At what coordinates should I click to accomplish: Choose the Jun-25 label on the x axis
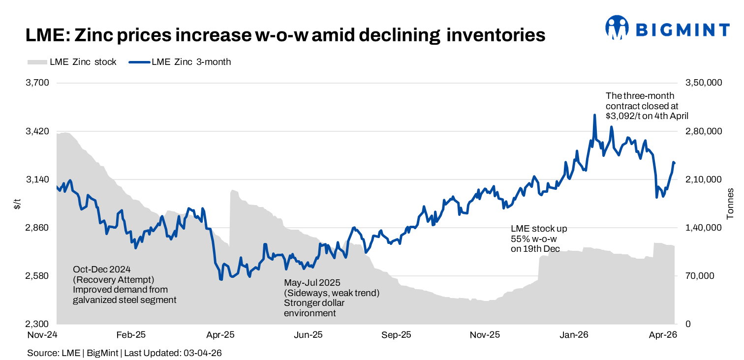tap(308, 335)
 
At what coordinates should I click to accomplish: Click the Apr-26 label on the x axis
tap(663, 335)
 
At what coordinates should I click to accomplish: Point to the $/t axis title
tap(17, 203)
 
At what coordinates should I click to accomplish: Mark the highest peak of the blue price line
tap(595, 115)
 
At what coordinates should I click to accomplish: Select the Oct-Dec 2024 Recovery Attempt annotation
tap(124, 284)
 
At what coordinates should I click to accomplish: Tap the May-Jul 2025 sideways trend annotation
tap(332, 298)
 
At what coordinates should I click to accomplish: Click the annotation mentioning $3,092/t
tap(646, 106)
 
